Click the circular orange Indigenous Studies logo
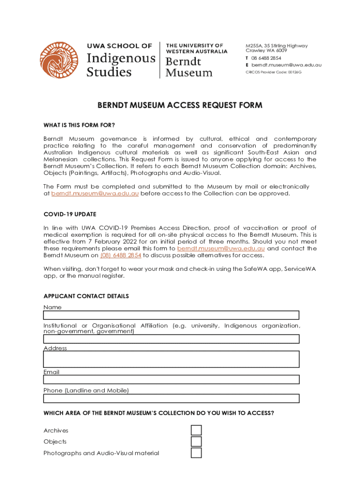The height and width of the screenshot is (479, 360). point(59,60)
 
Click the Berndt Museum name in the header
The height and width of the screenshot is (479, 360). point(189,67)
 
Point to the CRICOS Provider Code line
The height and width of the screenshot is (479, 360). point(274,73)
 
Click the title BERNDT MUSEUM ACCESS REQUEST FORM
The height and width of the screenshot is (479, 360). point(180,106)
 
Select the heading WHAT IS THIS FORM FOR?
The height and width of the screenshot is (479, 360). point(79,125)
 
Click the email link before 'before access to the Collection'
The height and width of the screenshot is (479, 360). point(95,194)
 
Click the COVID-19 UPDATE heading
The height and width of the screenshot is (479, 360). point(70,214)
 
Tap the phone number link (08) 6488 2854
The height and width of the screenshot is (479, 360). point(121,255)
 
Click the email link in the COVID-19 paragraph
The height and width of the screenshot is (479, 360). point(221,248)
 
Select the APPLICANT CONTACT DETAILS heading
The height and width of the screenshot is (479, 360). point(86,296)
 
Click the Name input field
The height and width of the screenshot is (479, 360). point(171,315)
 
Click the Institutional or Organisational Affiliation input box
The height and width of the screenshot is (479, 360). point(171,339)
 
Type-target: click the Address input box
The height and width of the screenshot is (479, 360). point(171,359)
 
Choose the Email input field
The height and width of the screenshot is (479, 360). point(171,381)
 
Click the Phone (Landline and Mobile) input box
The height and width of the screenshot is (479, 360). point(171,399)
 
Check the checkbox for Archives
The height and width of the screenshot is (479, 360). point(196,430)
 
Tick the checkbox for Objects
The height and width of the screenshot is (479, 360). point(196,442)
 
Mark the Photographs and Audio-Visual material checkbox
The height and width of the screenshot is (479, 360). point(196,453)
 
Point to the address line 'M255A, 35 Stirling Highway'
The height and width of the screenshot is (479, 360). point(277,46)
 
